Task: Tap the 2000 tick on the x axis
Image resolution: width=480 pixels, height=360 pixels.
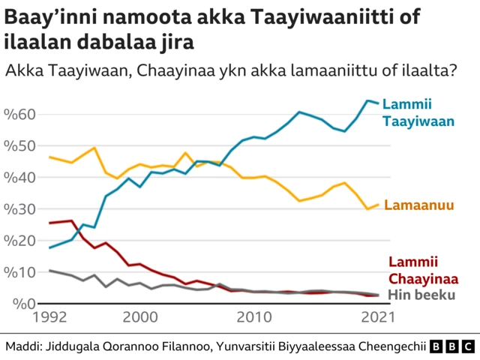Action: tap(140, 318)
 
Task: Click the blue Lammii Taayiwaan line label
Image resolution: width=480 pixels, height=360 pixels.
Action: tap(418, 112)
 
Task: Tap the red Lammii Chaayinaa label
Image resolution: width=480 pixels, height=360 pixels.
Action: tap(424, 270)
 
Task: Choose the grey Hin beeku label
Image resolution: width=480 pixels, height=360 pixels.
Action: tap(421, 295)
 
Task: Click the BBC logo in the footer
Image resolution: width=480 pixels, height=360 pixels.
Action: tap(452, 346)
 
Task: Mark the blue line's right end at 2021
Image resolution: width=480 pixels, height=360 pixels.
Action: tap(377, 103)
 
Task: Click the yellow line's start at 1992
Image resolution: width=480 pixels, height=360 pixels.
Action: tap(49, 157)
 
